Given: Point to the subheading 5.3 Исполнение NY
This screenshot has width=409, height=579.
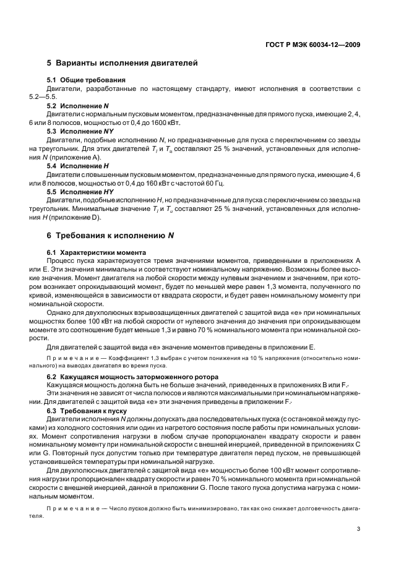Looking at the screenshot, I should coord(80,131).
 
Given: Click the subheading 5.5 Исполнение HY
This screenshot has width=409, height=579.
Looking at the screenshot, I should coord(80,192).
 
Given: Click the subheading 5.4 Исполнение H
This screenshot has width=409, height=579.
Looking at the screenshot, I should coord(78,166).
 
